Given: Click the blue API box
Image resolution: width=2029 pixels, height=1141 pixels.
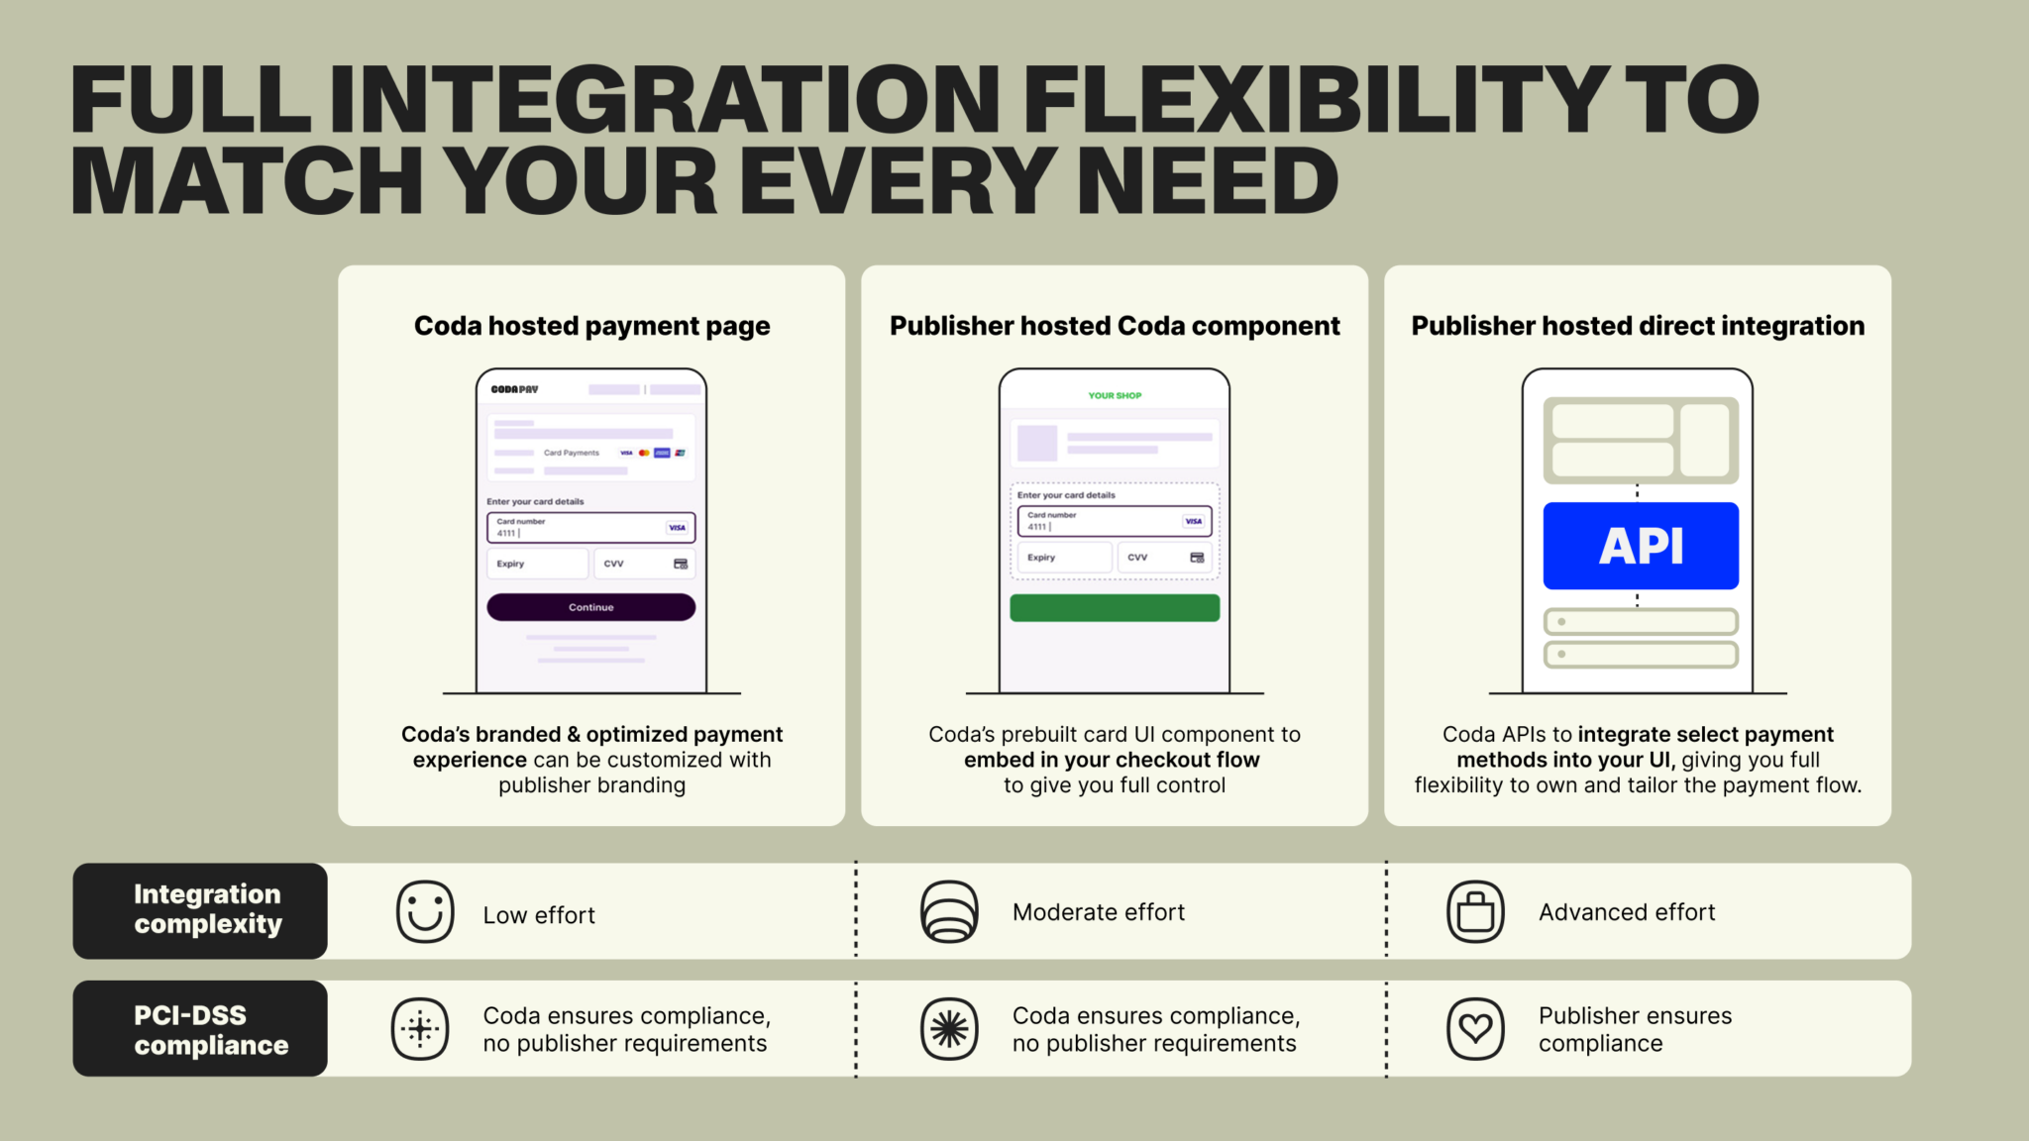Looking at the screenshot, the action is pyautogui.click(x=1641, y=546).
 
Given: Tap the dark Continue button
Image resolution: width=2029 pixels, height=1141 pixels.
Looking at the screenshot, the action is pyautogui.click(x=590, y=607).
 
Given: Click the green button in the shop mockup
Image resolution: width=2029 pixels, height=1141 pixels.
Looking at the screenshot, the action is pyautogui.click(x=1115, y=608).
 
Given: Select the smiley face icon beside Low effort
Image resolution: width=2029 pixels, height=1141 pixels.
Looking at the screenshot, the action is pyautogui.click(x=425, y=911).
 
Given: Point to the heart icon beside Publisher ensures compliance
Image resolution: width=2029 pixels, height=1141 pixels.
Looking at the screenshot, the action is pyautogui.click(x=1475, y=1029).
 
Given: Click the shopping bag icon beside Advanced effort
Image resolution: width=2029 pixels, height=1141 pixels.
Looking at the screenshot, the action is pyautogui.click(x=1475, y=911).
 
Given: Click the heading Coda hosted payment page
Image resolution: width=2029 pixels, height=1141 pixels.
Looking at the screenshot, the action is pyautogui.click(x=591, y=326).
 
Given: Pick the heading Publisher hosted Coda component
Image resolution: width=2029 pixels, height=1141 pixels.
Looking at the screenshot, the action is pyautogui.click(x=1115, y=326).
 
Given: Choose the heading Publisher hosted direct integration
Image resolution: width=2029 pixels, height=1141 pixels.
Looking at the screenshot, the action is pyautogui.click(x=1638, y=326).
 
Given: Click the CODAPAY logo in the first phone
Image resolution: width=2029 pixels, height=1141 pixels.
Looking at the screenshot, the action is pyautogui.click(x=514, y=389).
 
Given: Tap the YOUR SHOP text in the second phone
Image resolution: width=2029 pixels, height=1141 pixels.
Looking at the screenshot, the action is pyautogui.click(x=1115, y=395).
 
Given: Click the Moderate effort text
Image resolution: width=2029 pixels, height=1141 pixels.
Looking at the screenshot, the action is pyautogui.click(x=1099, y=912).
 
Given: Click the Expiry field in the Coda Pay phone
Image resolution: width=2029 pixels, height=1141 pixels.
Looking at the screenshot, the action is pyautogui.click(x=537, y=564).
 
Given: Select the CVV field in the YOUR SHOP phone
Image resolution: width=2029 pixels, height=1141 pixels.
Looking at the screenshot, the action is pyautogui.click(x=1165, y=558).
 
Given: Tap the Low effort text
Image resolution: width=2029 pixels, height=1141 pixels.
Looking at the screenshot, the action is pyautogui.click(x=539, y=915).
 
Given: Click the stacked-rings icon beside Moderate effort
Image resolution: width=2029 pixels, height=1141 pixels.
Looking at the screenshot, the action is pyautogui.click(x=949, y=911).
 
